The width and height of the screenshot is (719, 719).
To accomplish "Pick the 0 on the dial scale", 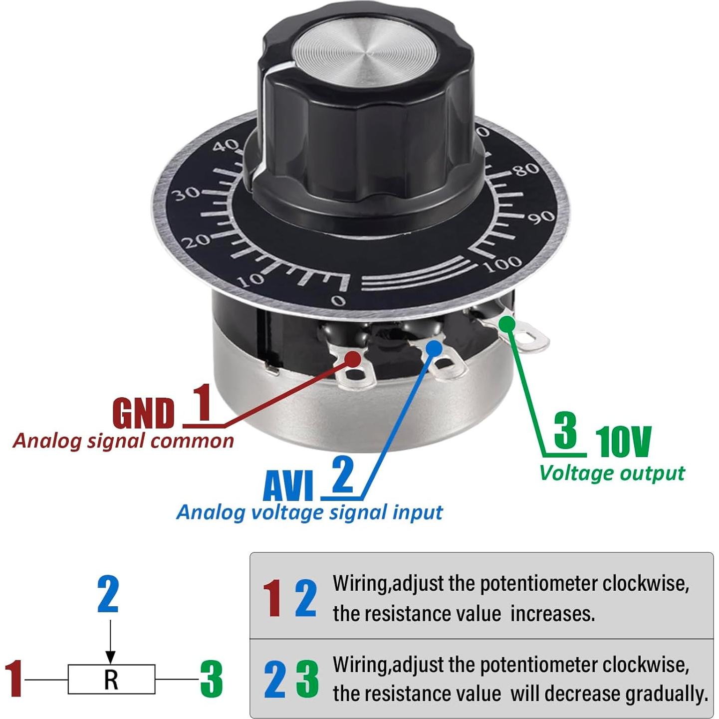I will (338, 300).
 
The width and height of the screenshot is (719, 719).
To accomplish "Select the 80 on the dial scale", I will (527, 170).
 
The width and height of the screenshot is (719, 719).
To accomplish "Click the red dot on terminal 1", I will (353, 359).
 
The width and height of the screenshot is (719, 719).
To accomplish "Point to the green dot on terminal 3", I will (507, 324).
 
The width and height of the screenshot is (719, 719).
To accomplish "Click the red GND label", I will (143, 414).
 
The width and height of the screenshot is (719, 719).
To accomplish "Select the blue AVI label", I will (288, 486).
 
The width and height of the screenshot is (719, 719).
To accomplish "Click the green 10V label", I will (623, 442).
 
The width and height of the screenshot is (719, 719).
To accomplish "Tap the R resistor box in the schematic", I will (111, 679).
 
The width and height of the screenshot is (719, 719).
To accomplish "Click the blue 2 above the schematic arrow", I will (108, 594).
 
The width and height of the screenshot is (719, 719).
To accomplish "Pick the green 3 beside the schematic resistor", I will (211, 679).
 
